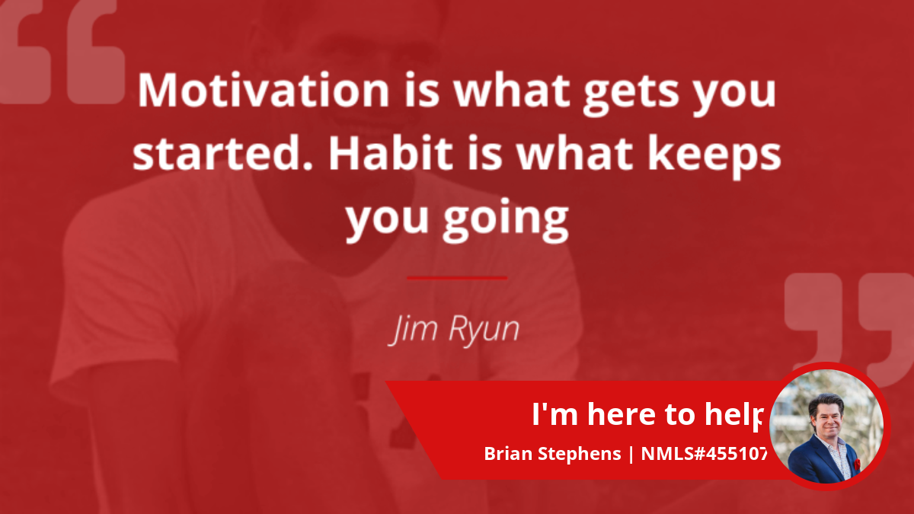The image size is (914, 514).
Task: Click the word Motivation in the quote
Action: [264, 90]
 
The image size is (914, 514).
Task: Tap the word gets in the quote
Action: [631, 94]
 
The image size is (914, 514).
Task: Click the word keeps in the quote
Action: [714, 157]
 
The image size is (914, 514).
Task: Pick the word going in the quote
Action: [506, 219]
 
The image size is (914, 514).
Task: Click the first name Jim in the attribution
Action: [413, 330]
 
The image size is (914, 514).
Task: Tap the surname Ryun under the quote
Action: [484, 330]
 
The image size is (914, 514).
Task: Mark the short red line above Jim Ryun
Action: [457, 278]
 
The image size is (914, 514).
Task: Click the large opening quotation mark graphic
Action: [61, 51]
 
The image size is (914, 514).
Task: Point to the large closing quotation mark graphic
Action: [848, 327]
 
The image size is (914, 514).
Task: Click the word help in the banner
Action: [733, 416]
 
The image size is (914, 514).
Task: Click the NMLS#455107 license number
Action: [705, 454]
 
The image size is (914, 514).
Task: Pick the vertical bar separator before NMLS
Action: [631, 455]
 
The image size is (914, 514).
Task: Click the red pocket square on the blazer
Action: [857, 465]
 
